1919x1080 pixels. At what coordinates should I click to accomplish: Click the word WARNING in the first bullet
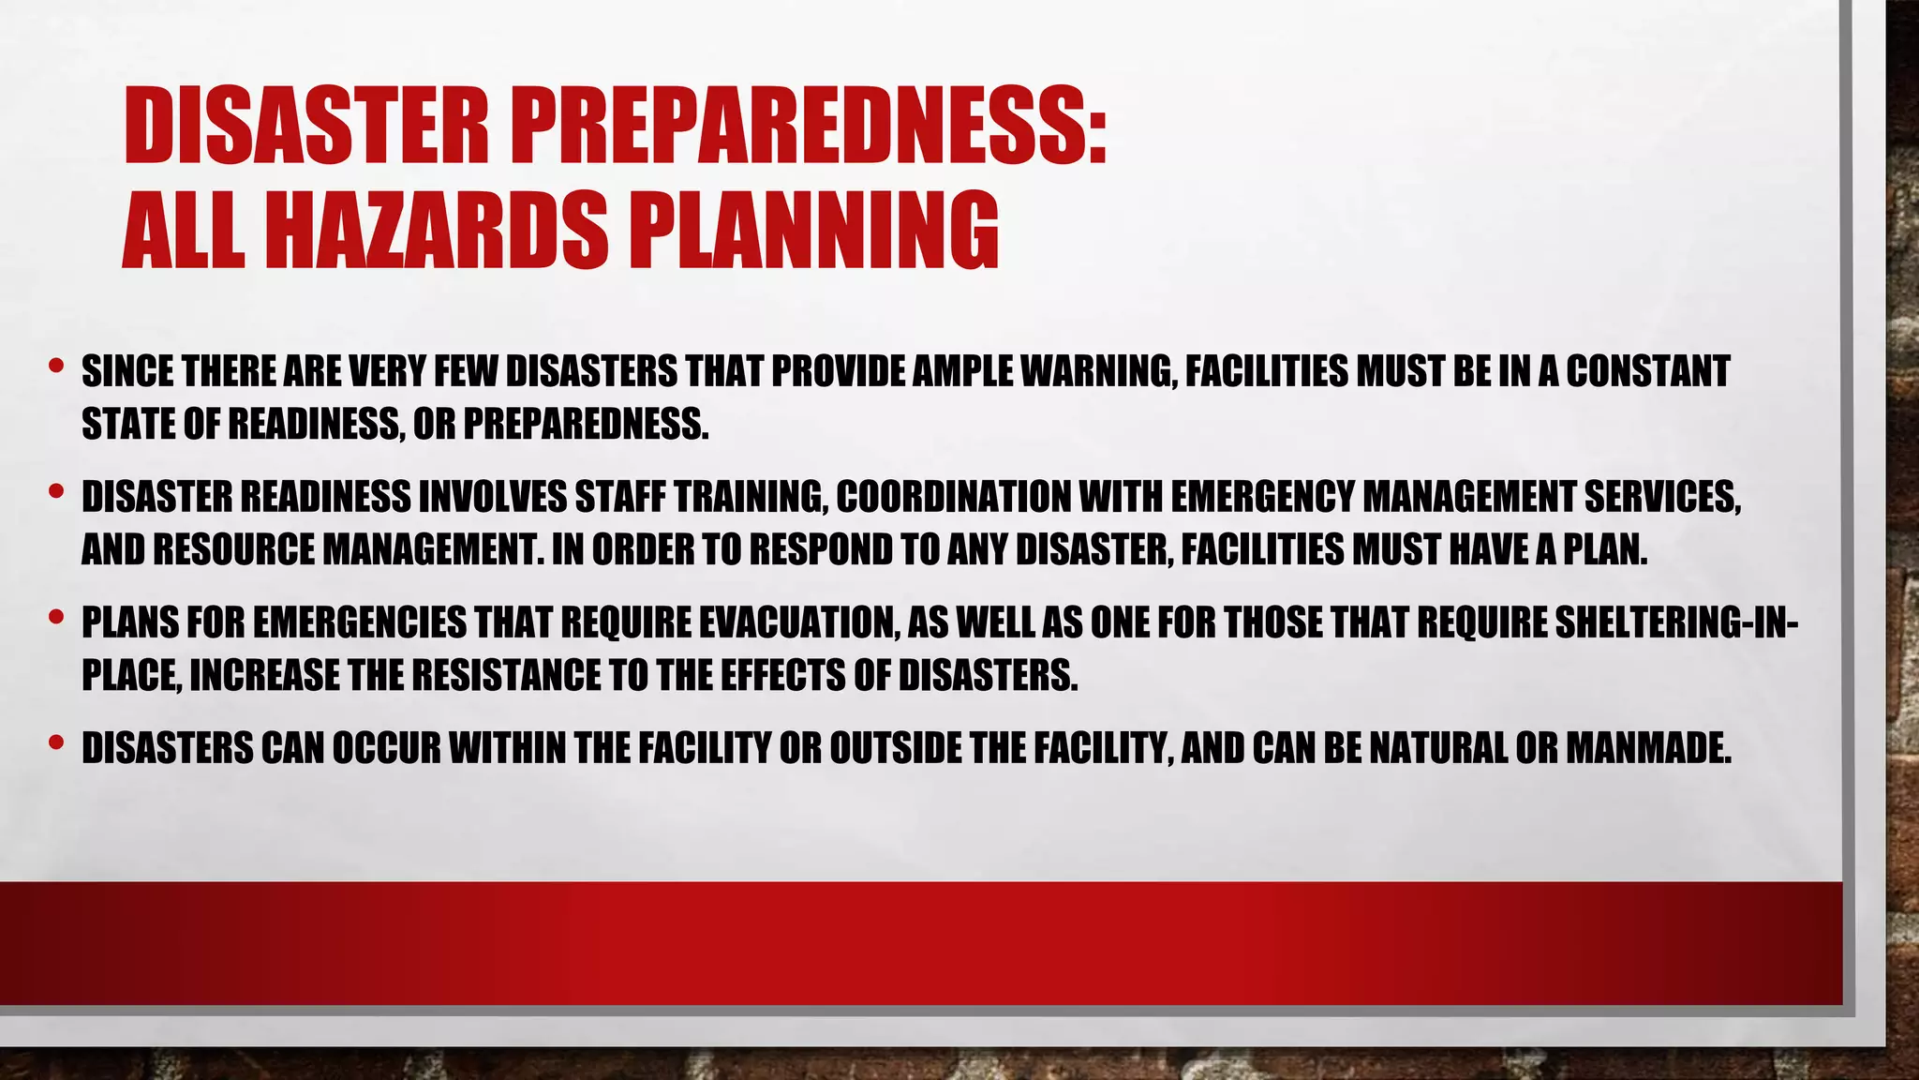(x=1096, y=372)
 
